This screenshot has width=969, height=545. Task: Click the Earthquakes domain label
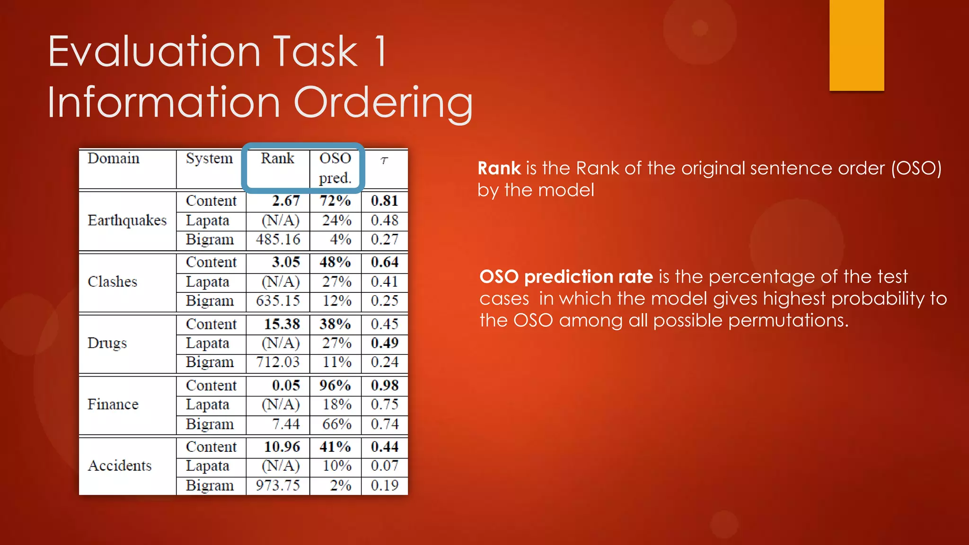[127, 220]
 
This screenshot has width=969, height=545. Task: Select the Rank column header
[277, 158]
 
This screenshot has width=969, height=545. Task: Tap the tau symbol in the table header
[384, 161]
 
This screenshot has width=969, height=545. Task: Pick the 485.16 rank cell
[278, 239]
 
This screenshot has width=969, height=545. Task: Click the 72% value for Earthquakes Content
[335, 201]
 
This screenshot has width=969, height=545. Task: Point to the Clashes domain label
[112, 282]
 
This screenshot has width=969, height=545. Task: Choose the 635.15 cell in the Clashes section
[278, 301]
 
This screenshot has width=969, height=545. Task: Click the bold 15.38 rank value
[282, 324]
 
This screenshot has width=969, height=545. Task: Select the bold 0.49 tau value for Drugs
[385, 343]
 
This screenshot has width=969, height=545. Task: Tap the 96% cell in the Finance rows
[335, 386]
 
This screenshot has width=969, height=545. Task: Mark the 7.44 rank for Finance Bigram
[286, 424]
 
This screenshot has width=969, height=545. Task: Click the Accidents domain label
[120, 466]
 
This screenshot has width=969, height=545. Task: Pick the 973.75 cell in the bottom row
[278, 485]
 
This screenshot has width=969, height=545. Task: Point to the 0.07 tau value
[385, 466]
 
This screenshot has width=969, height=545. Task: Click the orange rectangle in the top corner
[856, 45]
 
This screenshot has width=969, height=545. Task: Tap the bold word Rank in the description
[499, 168]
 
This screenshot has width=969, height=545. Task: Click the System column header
[209, 158]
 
